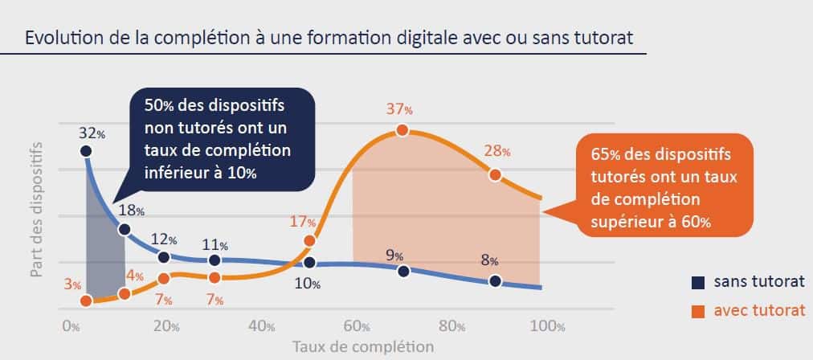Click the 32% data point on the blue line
click(x=86, y=150)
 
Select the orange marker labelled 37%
click(x=403, y=131)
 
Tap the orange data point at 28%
click(x=495, y=174)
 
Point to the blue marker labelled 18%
click(x=125, y=229)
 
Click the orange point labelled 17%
click(x=310, y=240)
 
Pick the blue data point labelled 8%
click(x=494, y=280)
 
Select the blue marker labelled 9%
click(x=403, y=271)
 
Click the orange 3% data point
click(x=87, y=301)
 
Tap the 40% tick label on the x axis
click(x=262, y=327)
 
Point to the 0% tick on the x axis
click(x=71, y=327)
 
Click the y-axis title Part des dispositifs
click(x=36, y=211)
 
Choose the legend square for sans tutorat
click(x=698, y=282)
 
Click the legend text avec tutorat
click(x=758, y=310)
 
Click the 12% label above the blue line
click(x=165, y=239)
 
